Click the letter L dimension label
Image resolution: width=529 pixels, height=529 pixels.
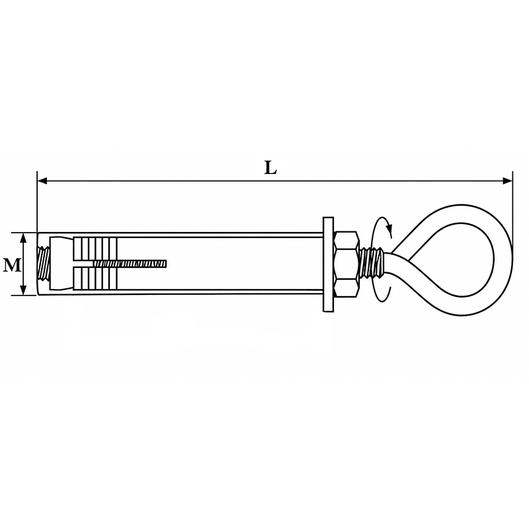270,168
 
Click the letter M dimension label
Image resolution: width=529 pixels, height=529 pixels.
11,265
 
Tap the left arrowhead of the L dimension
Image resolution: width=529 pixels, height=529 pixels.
42,181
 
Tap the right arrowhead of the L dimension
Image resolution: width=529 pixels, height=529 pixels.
507,181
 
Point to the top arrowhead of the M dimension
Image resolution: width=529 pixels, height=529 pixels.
23,238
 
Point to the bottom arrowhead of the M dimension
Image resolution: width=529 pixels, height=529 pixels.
23,290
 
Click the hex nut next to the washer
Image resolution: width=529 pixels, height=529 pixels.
346,264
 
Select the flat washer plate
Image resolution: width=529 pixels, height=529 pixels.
328,264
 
